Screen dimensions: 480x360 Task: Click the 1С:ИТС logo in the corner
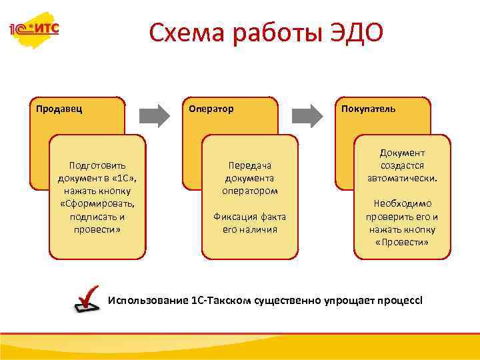tap(33, 29)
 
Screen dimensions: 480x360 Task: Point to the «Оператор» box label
tap(211, 109)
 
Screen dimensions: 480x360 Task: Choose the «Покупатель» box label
tap(368, 109)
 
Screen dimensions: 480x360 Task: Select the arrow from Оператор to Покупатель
tap(311, 114)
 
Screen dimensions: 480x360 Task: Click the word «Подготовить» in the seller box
tap(97, 165)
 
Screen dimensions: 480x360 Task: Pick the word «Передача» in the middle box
tap(250, 165)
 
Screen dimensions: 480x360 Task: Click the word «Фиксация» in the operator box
tap(235, 217)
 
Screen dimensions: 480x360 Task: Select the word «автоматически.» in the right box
tap(402, 178)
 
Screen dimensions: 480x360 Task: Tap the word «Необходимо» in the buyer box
tap(402, 203)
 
